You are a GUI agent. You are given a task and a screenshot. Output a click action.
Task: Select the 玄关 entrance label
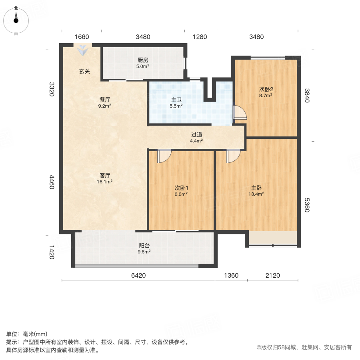[84, 72]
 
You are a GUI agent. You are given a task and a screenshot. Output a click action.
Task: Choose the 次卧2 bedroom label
[266, 90]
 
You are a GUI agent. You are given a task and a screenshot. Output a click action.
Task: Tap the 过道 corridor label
[196, 135]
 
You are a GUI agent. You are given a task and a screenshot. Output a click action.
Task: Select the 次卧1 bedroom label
[181, 188]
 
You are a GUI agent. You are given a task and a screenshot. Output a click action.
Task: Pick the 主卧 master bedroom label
[256, 188]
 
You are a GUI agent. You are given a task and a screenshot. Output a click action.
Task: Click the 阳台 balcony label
[144, 246]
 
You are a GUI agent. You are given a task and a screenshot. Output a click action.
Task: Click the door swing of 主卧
[233, 156]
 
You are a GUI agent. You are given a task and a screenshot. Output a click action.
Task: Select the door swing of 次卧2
[240, 112]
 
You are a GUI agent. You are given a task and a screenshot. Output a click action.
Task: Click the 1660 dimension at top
[82, 37]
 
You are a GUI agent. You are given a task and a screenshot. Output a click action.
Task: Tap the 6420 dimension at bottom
[138, 275]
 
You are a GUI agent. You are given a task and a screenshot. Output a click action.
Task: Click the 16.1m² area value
[105, 181]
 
